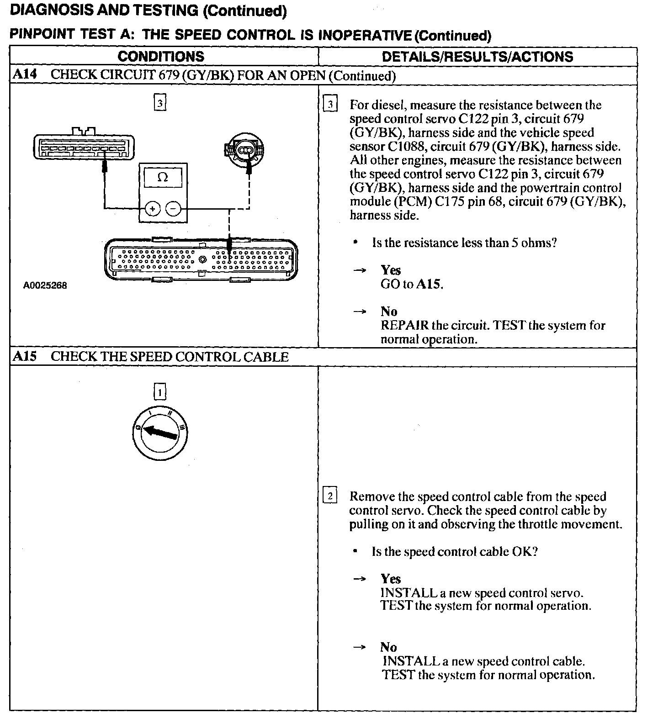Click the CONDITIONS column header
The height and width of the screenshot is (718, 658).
point(161,57)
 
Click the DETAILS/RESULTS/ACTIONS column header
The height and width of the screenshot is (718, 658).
point(477,57)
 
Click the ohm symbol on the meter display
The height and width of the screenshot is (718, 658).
point(163,177)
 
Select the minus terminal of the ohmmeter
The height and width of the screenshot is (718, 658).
point(173,209)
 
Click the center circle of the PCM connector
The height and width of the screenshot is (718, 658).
point(202,260)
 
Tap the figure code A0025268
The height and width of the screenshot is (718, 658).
point(45,285)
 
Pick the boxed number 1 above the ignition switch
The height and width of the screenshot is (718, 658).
point(159,392)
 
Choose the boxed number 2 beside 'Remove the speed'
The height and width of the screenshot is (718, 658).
point(329,496)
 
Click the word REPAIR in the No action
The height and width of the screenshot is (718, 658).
point(404,326)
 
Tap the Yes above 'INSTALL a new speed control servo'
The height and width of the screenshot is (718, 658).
point(391,579)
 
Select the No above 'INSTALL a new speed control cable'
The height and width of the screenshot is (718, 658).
point(388,647)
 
